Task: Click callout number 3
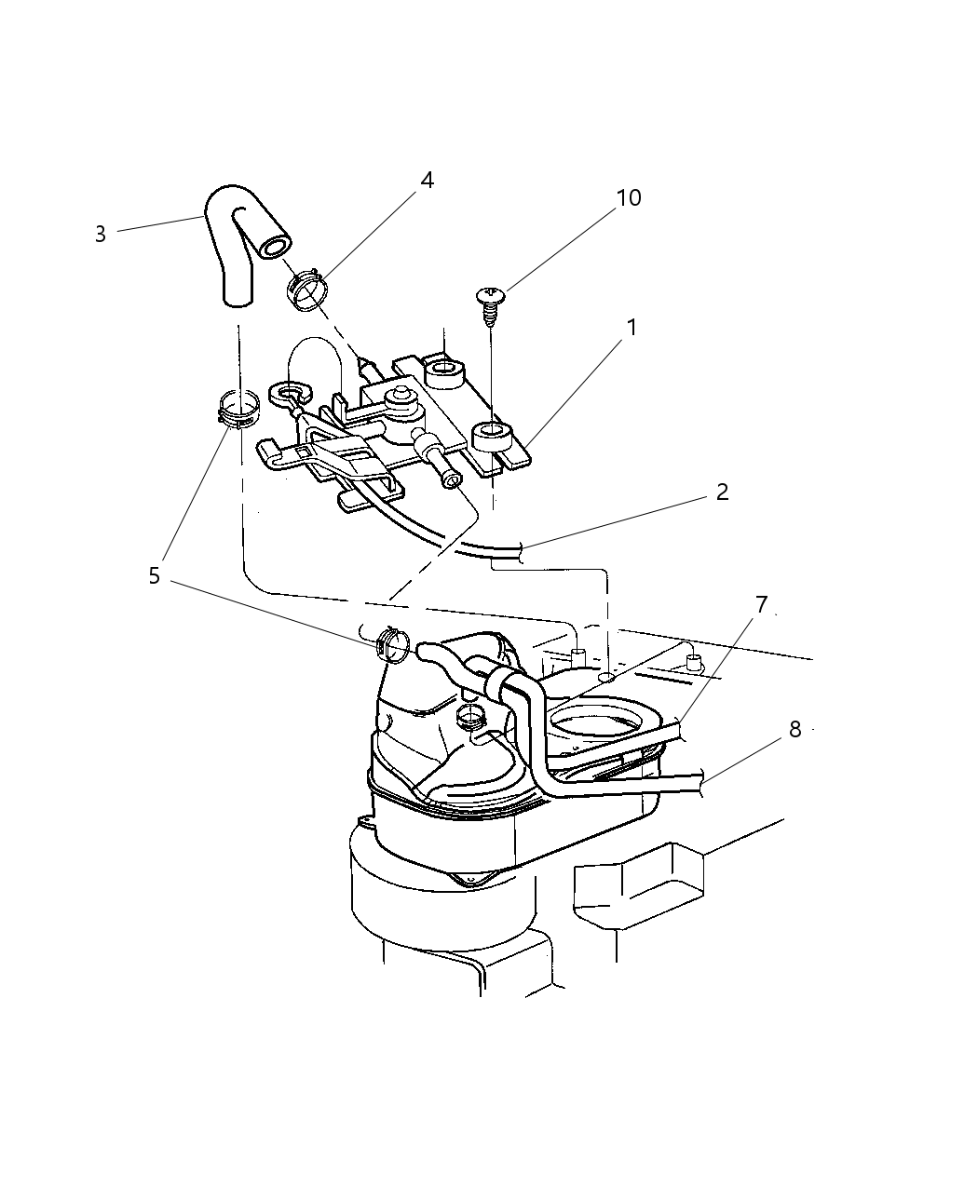pos(100,235)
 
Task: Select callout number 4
pos(427,181)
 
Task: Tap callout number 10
pos(629,198)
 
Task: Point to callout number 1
pos(632,328)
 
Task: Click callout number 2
pos(722,492)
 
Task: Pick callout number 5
pos(154,576)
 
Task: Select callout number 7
pos(761,605)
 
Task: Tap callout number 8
pos(795,729)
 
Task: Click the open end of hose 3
pos(274,247)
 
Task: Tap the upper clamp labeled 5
pos(237,411)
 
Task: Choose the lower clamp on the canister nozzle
pos(392,644)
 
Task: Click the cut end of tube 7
pos(682,731)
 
